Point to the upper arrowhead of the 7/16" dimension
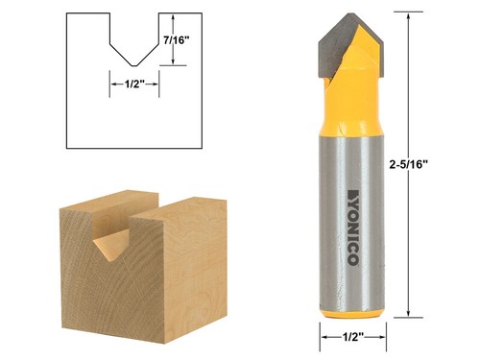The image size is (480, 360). pos(173,17)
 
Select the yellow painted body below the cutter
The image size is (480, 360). pos(352,106)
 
